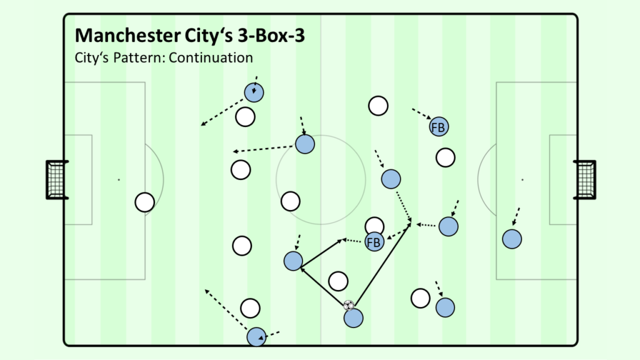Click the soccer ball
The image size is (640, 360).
pyautogui.click(x=349, y=305)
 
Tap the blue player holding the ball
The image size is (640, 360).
pyautogui.click(x=354, y=318)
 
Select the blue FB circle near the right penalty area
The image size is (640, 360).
pyautogui.click(x=439, y=127)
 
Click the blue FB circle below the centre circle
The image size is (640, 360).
pyautogui.click(x=374, y=242)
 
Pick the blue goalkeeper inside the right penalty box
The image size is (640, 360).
pyautogui.click(x=512, y=239)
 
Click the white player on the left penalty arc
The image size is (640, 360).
pyautogui.click(x=144, y=202)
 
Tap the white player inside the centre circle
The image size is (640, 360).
pyautogui.click(x=291, y=201)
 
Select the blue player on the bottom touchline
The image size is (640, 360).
pyautogui.click(x=256, y=337)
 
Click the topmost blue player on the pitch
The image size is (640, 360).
pyautogui.click(x=254, y=92)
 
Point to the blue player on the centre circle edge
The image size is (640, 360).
pyautogui.click(x=305, y=144)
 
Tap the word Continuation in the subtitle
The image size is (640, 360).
pyautogui.click(x=211, y=57)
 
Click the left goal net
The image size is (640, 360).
pyautogui.click(x=56, y=180)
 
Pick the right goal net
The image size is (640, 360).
pyautogui.click(x=585, y=180)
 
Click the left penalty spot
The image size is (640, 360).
pyautogui.click(x=119, y=179)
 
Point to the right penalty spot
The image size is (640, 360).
pyautogui.click(x=522, y=179)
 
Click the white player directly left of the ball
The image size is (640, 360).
pyautogui.click(x=338, y=281)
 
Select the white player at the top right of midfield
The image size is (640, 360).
pyautogui.click(x=378, y=106)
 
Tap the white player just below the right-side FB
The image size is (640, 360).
pyautogui.click(x=445, y=157)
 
